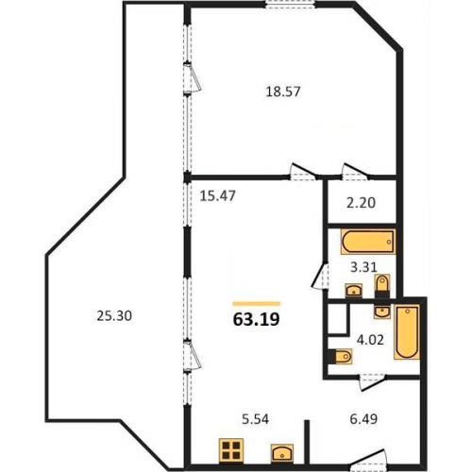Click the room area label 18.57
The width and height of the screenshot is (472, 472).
pos(283,92)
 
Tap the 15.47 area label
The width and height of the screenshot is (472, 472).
pos(218,196)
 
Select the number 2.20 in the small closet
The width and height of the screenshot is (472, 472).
pos(361,203)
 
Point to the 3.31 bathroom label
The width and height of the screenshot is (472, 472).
pos(363,267)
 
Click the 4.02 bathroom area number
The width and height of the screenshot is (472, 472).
pos(370,340)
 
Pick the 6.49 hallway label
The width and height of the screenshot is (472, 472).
pos(363,419)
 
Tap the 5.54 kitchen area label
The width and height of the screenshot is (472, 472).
pos(255,419)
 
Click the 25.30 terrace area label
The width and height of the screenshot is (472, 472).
pos(114,316)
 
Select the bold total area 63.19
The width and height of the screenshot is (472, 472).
pos(256,320)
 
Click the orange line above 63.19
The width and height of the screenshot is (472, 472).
pos(257,304)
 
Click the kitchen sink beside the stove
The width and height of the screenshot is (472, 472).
pos(282,453)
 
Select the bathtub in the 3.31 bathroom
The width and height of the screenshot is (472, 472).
pos(368,242)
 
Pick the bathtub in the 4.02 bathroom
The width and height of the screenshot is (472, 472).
pos(407,332)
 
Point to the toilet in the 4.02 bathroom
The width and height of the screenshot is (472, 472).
pos(341,357)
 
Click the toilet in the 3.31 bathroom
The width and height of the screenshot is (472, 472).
pos(382,286)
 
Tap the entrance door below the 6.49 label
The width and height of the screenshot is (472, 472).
pos(368,460)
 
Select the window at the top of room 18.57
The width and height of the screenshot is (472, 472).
pos(290,4)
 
